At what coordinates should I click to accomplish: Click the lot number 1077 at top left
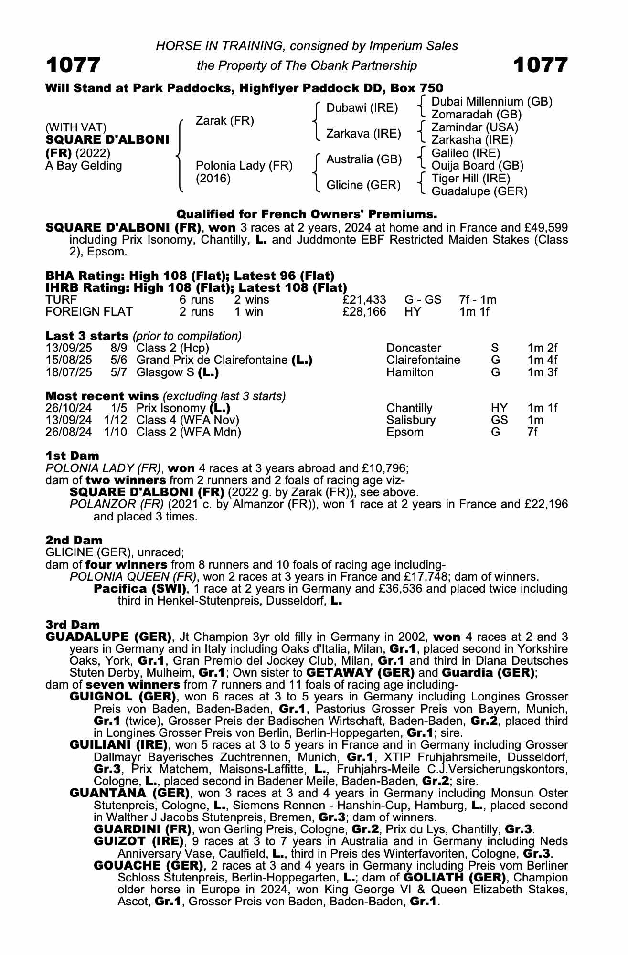point(73,65)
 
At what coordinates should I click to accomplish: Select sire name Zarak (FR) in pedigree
point(224,121)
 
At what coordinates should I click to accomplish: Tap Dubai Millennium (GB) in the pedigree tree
point(491,102)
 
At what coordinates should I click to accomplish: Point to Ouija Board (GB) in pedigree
point(477,166)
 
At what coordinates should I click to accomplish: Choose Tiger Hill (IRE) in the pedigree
point(470,179)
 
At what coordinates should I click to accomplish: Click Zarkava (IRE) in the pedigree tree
point(363,134)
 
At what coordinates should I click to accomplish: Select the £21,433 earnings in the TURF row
point(364,300)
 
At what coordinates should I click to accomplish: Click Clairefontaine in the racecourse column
point(423,360)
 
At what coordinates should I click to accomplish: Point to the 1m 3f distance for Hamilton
point(542,372)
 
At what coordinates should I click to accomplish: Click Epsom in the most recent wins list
point(405,432)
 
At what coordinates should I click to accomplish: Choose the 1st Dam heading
point(73,456)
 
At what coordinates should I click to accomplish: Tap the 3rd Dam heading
point(73,625)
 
